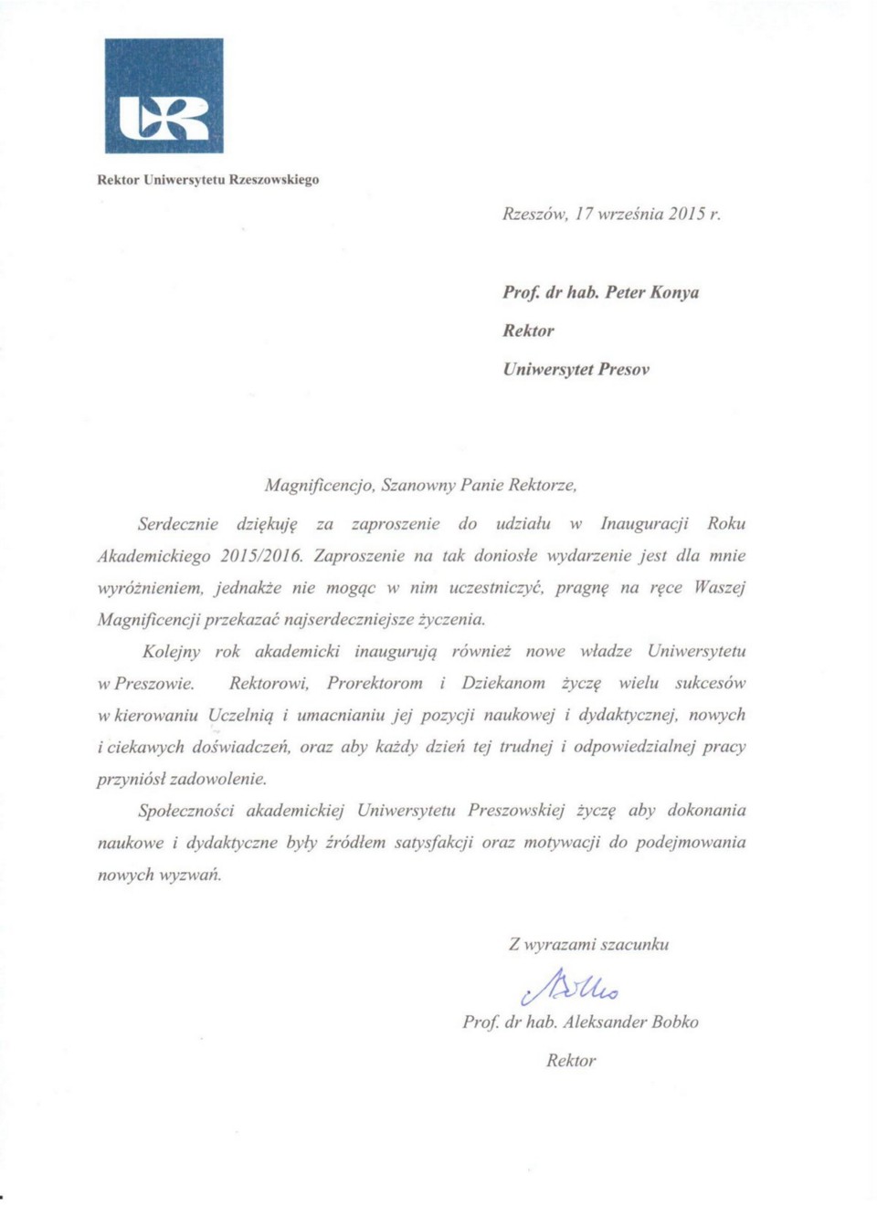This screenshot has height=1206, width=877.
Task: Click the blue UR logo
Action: pyautogui.click(x=164, y=96)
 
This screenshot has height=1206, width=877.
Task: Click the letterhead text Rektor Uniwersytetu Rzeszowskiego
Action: pyautogui.click(x=208, y=180)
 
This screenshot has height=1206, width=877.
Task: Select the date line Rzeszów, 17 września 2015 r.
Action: pyautogui.click(x=611, y=215)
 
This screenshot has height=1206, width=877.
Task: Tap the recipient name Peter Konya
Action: pyautogui.click(x=651, y=293)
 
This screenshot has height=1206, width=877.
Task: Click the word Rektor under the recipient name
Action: pyautogui.click(x=528, y=331)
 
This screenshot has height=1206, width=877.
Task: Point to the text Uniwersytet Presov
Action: pyautogui.click(x=576, y=370)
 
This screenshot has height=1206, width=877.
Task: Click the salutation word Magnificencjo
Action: pyautogui.click(x=319, y=485)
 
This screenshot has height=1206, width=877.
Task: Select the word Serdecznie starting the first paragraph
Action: pyautogui.click(x=178, y=524)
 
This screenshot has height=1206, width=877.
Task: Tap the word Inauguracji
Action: pyautogui.click(x=644, y=524)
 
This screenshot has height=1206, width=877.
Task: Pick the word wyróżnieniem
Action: pyautogui.click(x=150, y=588)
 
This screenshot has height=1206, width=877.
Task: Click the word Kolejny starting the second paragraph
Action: pyautogui.click(x=172, y=652)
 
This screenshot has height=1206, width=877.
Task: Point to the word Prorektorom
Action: pyautogui.click(x=375, y=684)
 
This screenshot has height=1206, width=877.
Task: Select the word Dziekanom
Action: pyautogui.click(x=503, y=684)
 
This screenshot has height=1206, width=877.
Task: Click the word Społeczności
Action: pyautogui.click(x=186, y=811)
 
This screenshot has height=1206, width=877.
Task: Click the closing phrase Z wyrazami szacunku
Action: pyautogui.click(x=588, y=945)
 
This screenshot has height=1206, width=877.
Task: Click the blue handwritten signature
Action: pyautogui.click(x=571, y=987)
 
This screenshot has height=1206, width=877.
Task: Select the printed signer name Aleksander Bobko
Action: pyautogui.click(x=630, y=1022)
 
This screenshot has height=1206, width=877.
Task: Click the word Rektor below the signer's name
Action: pyautogui.click(x=571, y=1061)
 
